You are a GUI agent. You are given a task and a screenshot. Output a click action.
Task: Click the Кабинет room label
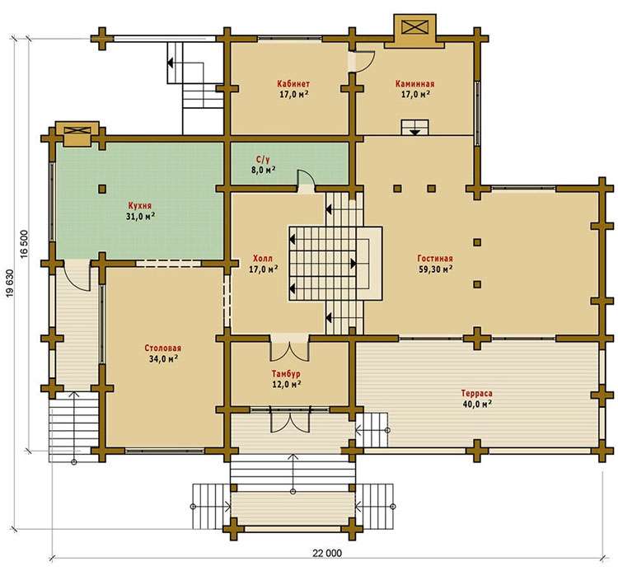[293, 84]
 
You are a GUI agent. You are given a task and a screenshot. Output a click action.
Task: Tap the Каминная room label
[415, 84]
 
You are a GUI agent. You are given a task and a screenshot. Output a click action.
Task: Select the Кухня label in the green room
[140, 206]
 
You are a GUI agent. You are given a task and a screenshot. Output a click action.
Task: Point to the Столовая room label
[163, 349]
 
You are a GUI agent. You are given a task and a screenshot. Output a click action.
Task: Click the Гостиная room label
[435, 259]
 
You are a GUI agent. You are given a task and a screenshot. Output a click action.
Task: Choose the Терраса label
[477, 393]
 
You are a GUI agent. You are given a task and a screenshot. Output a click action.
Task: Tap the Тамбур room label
[286, 373]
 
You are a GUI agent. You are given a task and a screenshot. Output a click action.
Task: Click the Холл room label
[263, 259]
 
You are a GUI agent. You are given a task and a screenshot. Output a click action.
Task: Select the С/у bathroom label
[264, 159]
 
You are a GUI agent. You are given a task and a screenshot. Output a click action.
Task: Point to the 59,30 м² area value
[435, 269]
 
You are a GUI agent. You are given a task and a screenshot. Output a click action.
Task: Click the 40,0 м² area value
[477, 404]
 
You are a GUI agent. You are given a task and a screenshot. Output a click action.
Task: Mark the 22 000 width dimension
[327, 553]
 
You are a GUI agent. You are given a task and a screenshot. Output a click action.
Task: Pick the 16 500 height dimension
[24, 244]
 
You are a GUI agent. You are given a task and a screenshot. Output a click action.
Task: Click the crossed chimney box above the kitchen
[77, 130]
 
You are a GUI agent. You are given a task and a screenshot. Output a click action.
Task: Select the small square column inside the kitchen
[102, 189]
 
